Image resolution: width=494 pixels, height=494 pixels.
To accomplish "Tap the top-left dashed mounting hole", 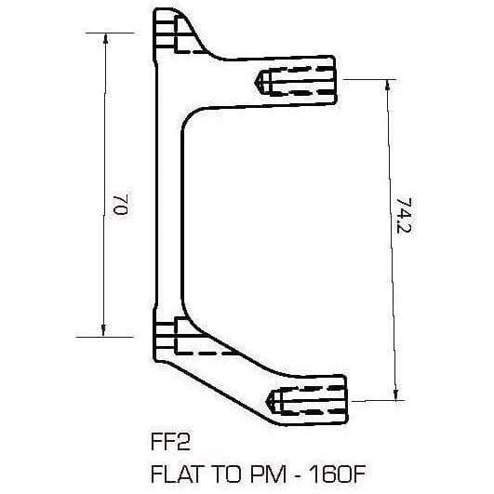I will [x=177, y=38].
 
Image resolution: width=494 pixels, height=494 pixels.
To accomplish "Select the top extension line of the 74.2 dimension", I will [x=372, y=79].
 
